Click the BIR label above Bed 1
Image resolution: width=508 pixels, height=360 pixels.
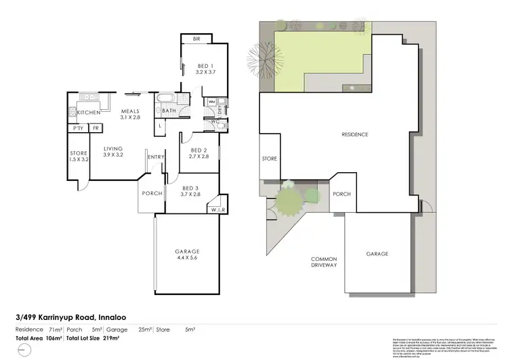pos(196,39)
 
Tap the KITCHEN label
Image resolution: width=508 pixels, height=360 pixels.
pos(89,113)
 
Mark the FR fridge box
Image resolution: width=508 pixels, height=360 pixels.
pos(96,128)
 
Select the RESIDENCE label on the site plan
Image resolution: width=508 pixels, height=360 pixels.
pos(355,135)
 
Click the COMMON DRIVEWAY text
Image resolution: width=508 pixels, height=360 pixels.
pos(323,263)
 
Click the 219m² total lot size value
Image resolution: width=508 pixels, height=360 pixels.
pos(110,338)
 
